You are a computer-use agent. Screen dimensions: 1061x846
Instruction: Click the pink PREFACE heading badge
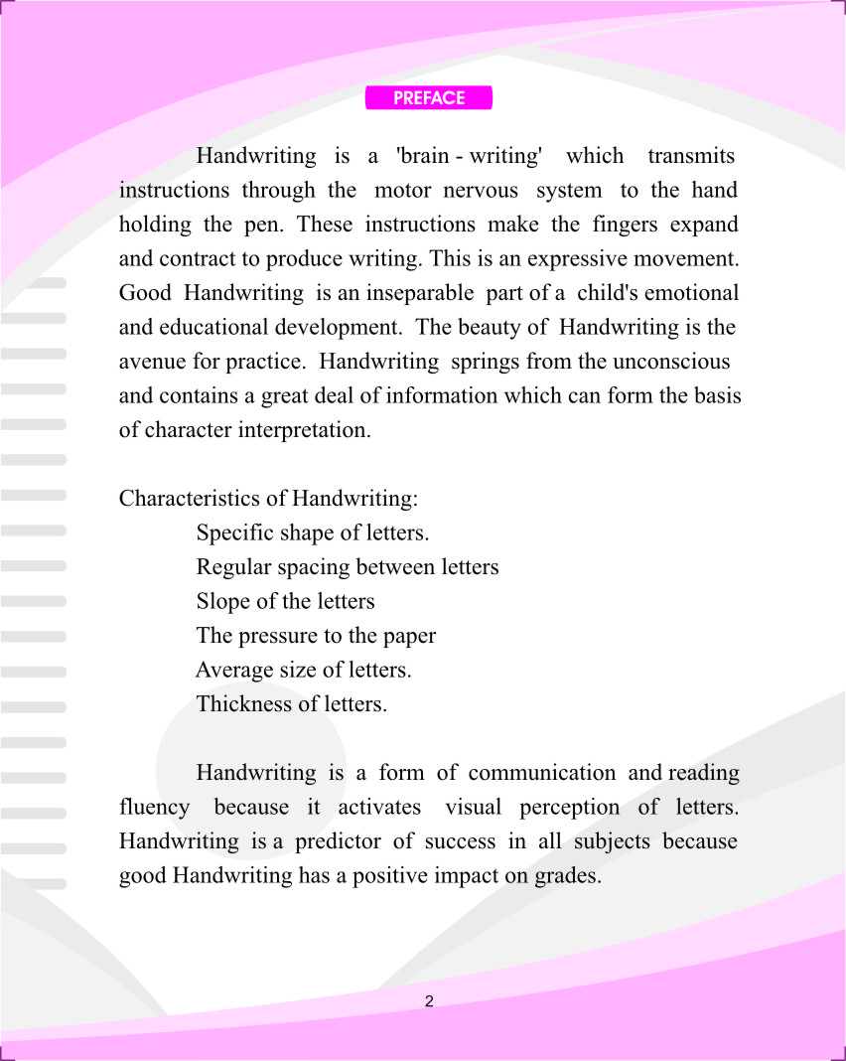(429, 98)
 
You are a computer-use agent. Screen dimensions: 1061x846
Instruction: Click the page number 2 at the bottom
(429, 1001)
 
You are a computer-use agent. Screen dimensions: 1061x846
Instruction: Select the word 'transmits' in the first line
(691, 156)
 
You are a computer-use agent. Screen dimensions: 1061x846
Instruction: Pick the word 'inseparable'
(422, 293)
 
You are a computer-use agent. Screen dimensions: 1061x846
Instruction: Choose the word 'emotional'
(692, 293)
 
